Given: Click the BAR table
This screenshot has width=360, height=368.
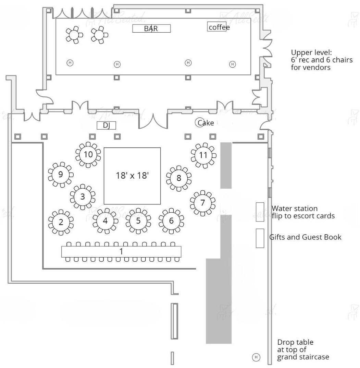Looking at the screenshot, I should pos(151,28).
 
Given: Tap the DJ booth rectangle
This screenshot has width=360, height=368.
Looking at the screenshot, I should pos(107,126).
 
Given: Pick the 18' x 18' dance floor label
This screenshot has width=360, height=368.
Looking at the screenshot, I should pos(132,176).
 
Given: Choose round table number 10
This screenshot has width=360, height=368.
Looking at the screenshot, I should pos(88,154).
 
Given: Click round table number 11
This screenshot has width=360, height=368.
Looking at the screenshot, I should pos(203,155).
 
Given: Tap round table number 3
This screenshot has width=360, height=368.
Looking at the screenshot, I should pos(83,197).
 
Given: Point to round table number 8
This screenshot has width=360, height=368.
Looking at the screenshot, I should pos(178,178).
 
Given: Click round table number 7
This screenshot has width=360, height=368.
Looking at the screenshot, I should pos(202,203).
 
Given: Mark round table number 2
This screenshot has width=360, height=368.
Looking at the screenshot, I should pos(61,222).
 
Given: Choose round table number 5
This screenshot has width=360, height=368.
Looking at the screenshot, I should pos(138,221).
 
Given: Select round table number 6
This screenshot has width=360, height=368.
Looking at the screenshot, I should pos(171,221).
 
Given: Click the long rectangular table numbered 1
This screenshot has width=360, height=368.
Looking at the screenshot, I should pos(121,251).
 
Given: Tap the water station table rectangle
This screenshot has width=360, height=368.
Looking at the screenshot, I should pos(260,212).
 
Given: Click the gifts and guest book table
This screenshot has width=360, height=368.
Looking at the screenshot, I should pos(260,238).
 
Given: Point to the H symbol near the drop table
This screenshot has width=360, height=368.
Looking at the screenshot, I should pos(256,357).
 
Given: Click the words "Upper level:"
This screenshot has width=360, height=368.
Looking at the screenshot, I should pos(311,53).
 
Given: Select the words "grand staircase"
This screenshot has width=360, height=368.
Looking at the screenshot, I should pos(303,357).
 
